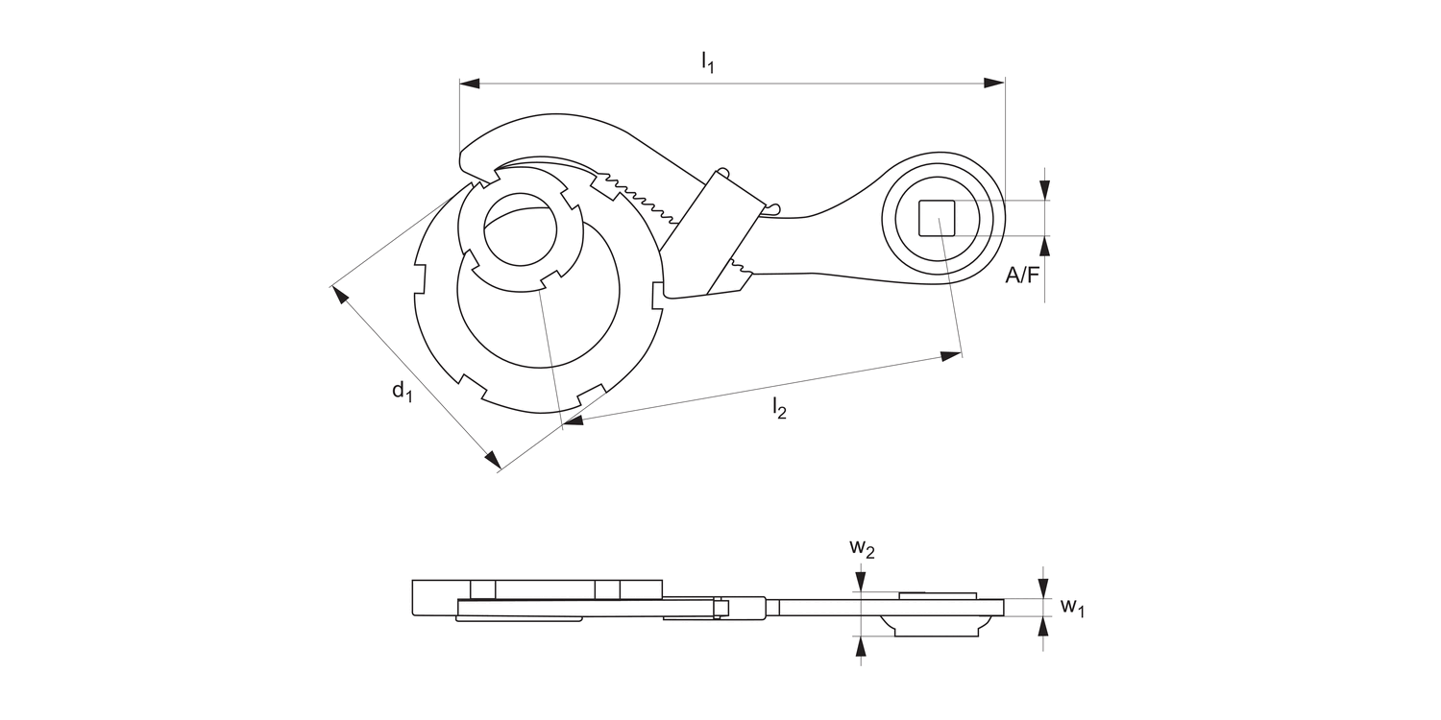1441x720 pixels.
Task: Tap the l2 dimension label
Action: pyautogui.click(x=778, y=410)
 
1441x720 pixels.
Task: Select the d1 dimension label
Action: pyautogui.click(x=402, y=390)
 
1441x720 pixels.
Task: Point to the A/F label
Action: pyautogui.click(x=1022, y=276)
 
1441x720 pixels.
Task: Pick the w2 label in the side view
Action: pyautogui.click(x=862, y=548)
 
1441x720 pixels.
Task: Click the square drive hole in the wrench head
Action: pyautogui.click(x=936, y=218)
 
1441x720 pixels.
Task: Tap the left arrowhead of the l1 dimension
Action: pyautogui.click(x=471, y=84)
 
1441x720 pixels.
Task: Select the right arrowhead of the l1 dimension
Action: pyautogui.click(x=994, y=84)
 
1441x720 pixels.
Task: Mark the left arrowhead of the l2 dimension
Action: pyautogui.click(x=574, y=419)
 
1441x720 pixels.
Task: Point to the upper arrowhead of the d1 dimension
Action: pyautogui.click(x=339, y=293)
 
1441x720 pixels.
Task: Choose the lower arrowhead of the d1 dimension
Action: pyautogui.click(x=493, y=461)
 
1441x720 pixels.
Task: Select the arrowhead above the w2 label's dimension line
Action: pyautogui.click(x=862, y=580)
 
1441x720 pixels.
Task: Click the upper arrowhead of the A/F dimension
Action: pyautogui.click(x=1045, y=189)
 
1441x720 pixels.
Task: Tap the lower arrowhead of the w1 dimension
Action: pyautogui.click(x=1045, y=626)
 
